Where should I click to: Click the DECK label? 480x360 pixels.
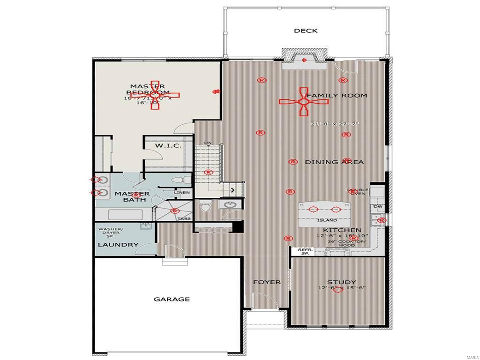tap(306, 31)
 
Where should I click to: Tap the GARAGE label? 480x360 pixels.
tap(172, 299)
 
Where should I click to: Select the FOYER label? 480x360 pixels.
tap(267, 282)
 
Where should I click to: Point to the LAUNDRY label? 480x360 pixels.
tap(118, 245)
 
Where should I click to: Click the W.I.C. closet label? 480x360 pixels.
tap(168, 146)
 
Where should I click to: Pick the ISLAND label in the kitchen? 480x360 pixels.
tap(327, 220)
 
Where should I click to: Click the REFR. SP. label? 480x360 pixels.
tap(305, 252)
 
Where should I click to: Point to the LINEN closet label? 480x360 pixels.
tap(182, 193)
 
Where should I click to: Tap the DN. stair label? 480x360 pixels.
tap(208, 143)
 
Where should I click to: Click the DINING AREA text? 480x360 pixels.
tap(334, 162)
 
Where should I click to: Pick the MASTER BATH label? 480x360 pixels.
tap(132, 197)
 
